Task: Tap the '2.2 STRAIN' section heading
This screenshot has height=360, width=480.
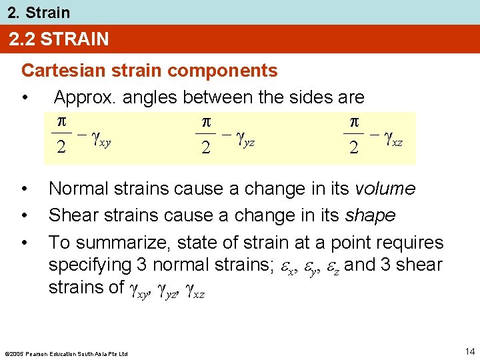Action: [59, 39]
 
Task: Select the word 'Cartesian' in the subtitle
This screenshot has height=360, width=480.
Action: [60, 70]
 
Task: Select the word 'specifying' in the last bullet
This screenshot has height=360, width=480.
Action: [89, 265]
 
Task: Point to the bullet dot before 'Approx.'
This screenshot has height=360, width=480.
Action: [25, 98]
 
